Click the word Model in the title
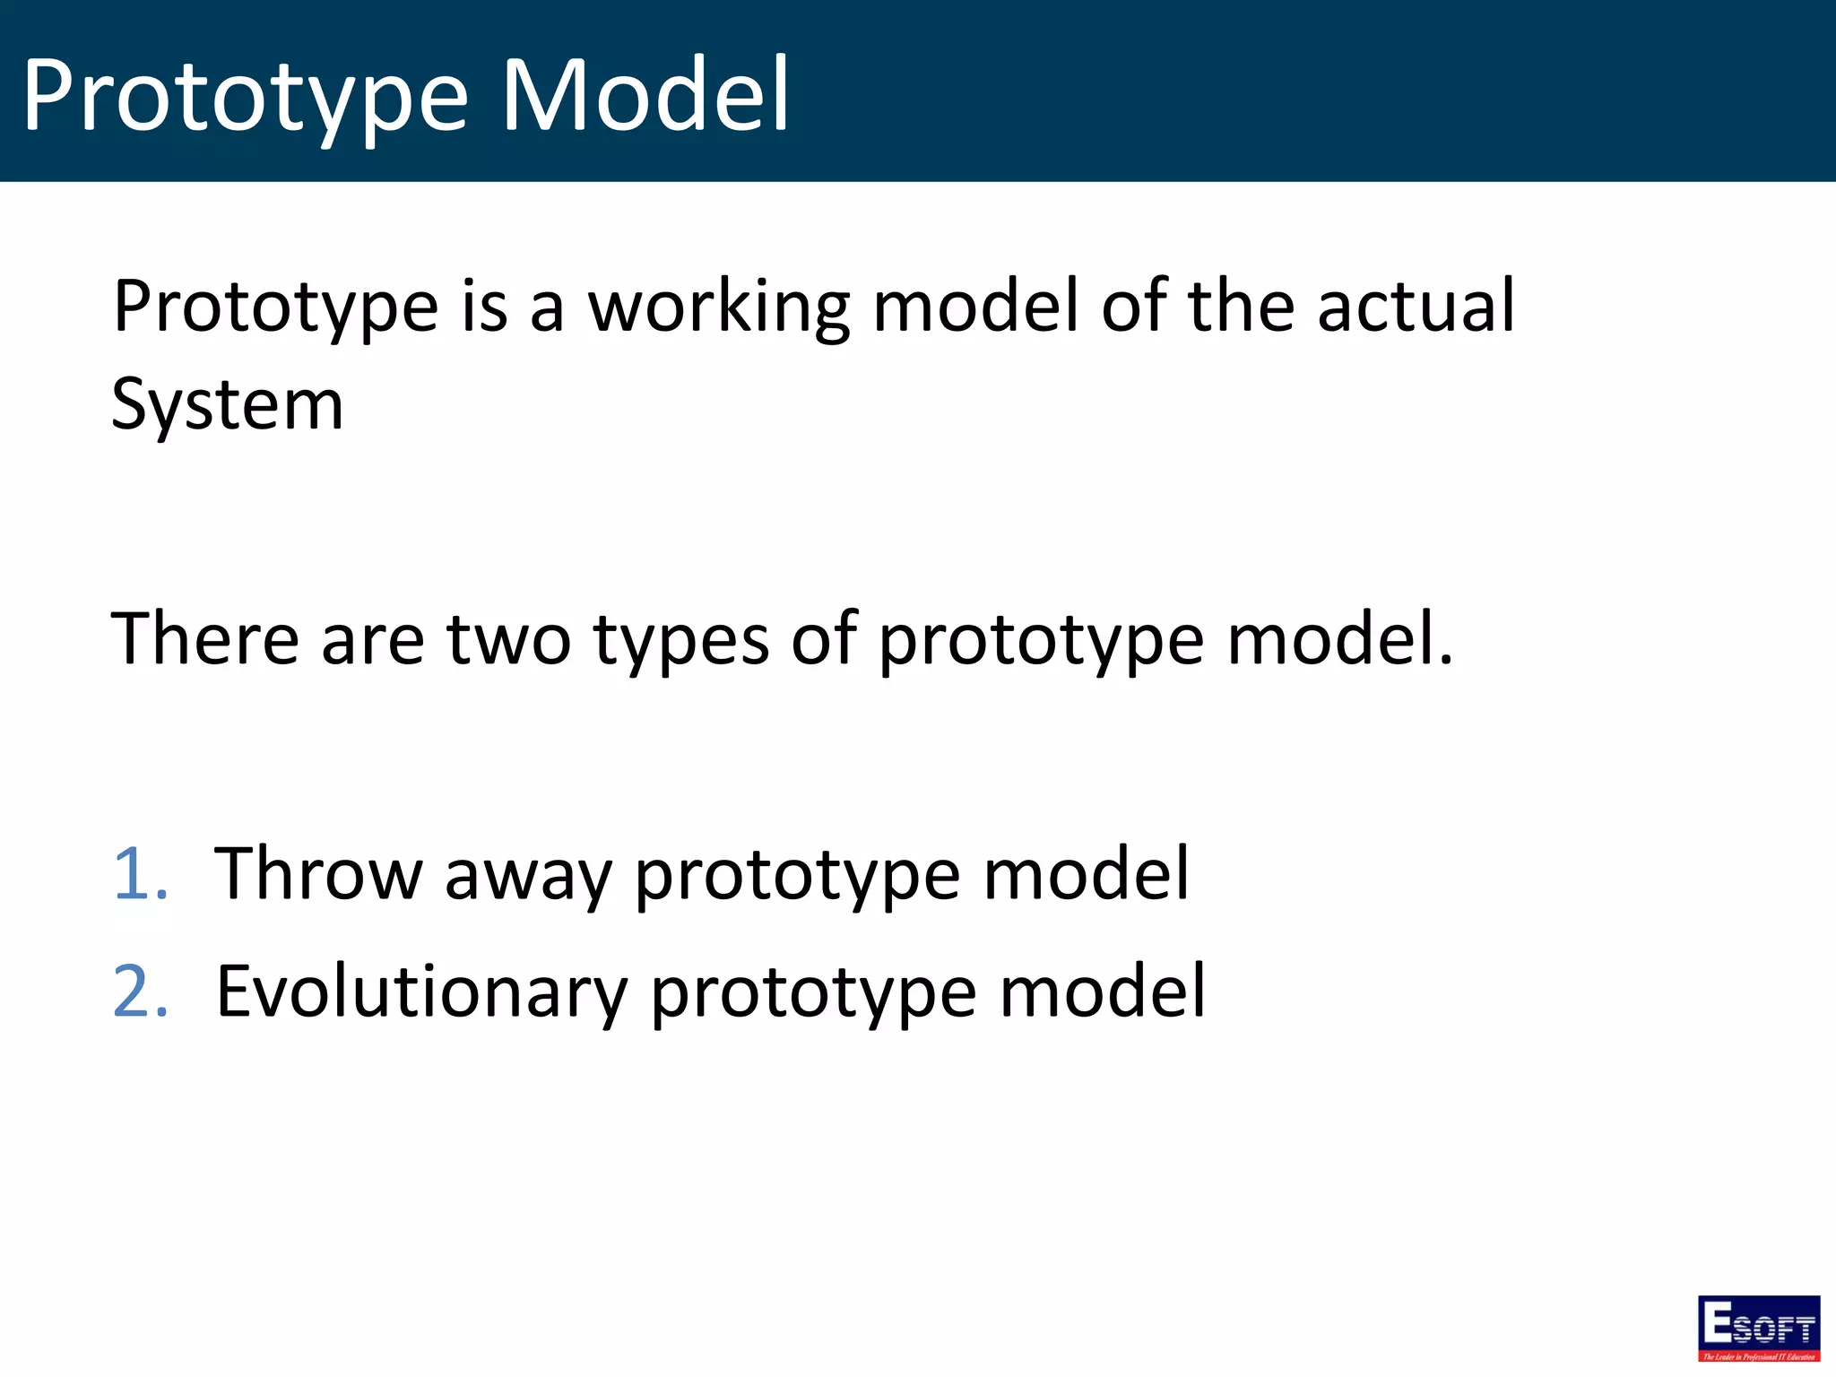(x=645, y=95)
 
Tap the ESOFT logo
(x=1758, y=1327)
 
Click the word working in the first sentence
(x=718, y=308)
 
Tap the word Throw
(x=318, y=873)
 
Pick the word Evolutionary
(x=421, y=992)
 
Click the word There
(x=204, y=638)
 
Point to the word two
(x=508, y=640)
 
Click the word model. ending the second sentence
(x=1339, y=640)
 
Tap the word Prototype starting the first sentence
(x=275, y=308)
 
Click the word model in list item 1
(x=1086, y=873)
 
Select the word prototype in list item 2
(x=812, y=993)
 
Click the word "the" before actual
(x=1241, y=307)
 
